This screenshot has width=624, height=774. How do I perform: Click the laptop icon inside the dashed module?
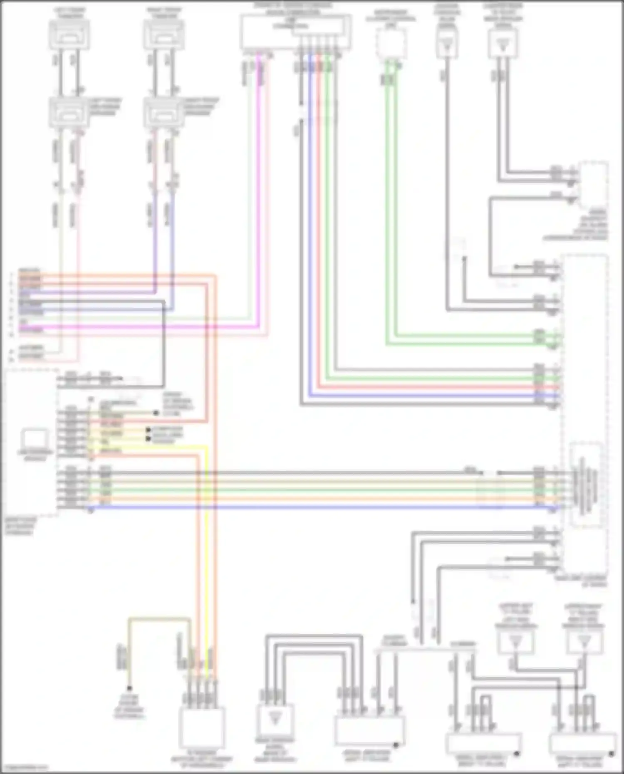35,439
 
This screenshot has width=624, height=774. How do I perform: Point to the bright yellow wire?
207,541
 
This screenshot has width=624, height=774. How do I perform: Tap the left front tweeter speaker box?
69,35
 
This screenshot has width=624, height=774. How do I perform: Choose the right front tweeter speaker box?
164,35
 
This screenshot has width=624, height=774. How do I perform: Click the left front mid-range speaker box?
69,113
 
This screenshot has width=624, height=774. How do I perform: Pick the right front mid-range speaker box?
164,113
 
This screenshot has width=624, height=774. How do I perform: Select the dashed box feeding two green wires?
391,44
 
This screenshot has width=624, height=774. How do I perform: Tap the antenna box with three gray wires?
275,719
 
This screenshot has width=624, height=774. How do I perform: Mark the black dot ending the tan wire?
129,688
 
